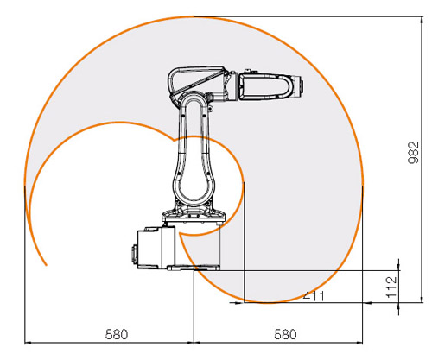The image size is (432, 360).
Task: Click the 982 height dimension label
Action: tap(414, 152)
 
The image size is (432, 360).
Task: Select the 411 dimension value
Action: tap(314, 296)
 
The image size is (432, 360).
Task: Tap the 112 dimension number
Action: tap(391, 287)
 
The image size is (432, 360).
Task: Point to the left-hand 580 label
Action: tap(117, 334)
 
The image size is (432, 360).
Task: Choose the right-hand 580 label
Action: tap(285, 334)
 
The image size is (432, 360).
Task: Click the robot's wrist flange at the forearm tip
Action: tap(299, 86)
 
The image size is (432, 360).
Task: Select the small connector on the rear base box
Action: tap(134, 254)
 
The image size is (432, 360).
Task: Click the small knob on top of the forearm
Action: tap(248, 72)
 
